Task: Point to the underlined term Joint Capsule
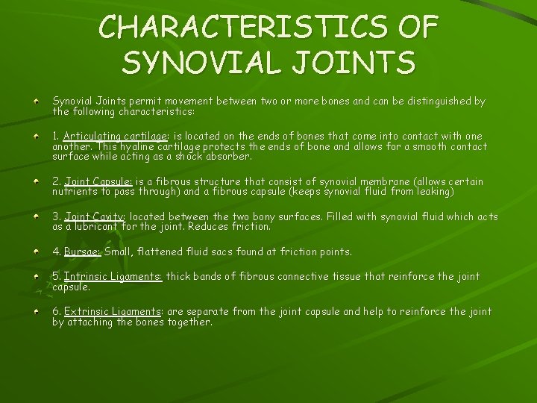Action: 98,181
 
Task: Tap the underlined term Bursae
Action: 82,252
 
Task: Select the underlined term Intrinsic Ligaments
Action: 113,276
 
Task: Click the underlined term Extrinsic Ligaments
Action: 113,311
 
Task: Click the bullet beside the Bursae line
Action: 37,251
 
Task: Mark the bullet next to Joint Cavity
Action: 37,216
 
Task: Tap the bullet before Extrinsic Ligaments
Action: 37,310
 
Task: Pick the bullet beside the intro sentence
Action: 37,100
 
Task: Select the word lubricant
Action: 98,227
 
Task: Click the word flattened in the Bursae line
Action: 167,252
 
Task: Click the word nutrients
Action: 74,192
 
